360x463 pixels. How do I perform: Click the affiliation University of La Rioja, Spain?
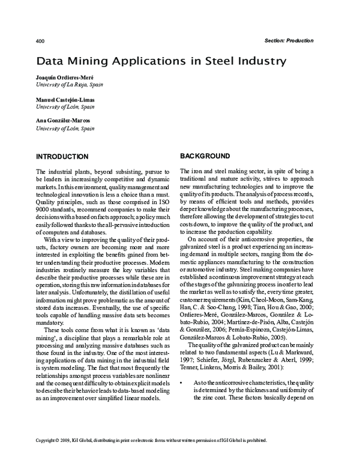click(73, 85)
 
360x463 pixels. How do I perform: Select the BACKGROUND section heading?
click(205, 156)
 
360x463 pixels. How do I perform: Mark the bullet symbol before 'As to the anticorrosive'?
click(182, 416)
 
